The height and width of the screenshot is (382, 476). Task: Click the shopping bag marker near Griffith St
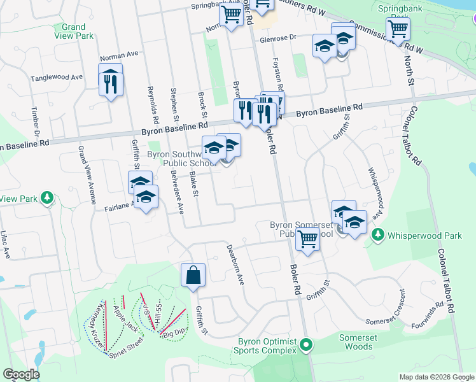[x=193, y=276]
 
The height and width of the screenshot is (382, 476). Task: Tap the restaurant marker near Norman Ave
[x=111, y=81]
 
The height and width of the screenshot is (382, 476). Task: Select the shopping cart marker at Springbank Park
[x=398, y=28]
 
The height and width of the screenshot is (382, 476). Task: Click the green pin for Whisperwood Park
[x=378, y=235]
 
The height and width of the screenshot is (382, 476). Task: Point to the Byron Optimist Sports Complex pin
[x=306, y=346]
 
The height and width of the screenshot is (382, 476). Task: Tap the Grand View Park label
[x=74, y=31]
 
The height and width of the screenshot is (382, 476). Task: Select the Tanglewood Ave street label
[x=57, y=78]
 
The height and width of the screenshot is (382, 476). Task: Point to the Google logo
[x=21, y=374]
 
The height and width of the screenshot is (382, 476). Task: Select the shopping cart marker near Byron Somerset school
[x=307, y=239]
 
